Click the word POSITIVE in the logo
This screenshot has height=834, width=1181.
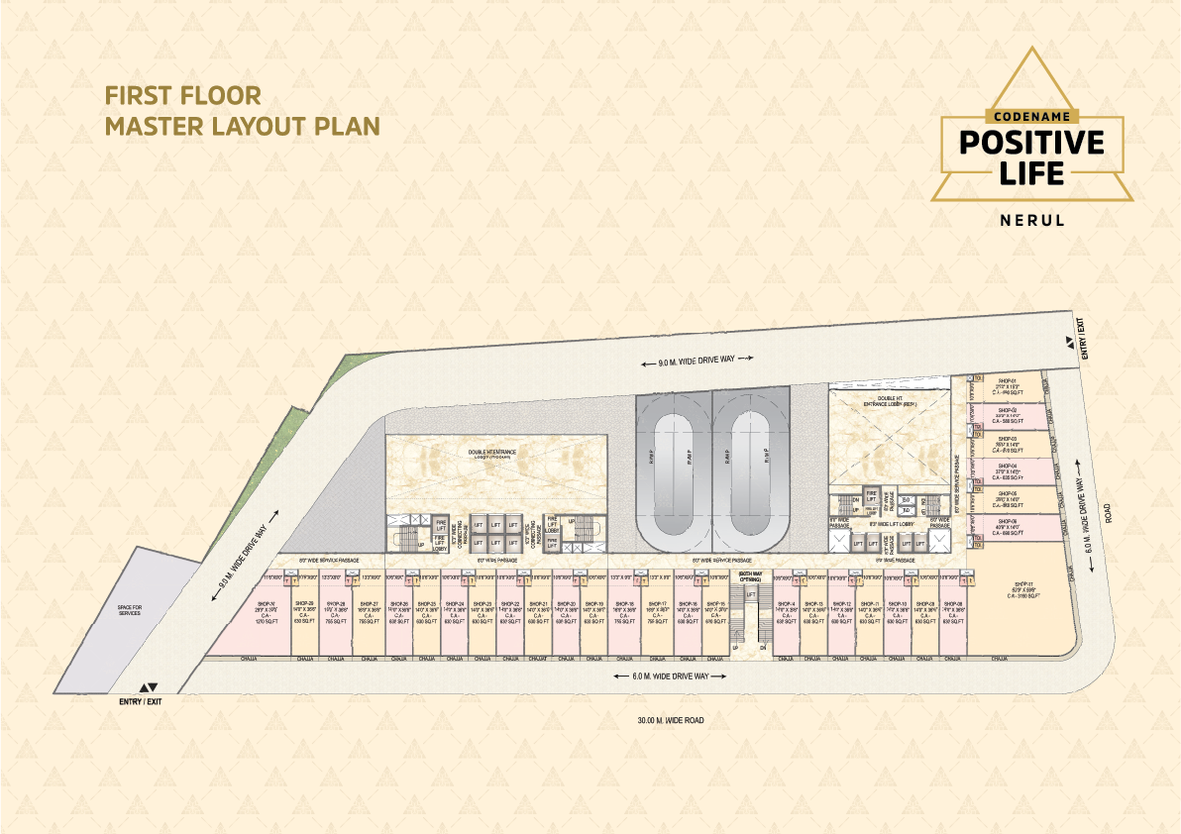[x=1031, y=142]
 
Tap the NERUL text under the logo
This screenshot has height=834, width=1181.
[x=1031, y=221]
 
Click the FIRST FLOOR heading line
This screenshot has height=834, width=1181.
[x=182, y=96]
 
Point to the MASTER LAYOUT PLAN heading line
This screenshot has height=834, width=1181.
[x=243, y=127]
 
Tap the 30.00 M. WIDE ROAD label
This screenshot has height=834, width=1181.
[x=671, y=720]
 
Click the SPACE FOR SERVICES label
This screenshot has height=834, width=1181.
[x=129, y=610]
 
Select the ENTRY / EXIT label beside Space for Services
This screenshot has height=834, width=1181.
[x=143, y=700]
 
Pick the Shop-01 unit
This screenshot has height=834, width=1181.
[x=1008, y=386]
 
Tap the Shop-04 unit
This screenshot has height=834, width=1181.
[x=1008, y=470]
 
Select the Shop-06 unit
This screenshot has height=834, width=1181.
[x=1008, y=526]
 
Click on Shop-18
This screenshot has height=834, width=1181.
[x=625, y=612]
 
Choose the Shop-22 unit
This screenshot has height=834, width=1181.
[x=510, y=612]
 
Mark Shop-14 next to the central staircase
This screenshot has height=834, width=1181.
[x=786, y=612]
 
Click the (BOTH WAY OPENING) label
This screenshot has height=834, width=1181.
[x=750, y=576]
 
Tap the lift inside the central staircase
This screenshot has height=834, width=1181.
[x=750, y=593]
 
